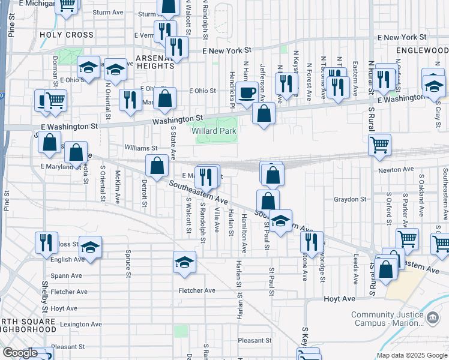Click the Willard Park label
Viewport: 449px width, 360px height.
pyautogui.click(x=214, y=131)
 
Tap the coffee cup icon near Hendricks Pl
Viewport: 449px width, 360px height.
pyautogui.click(x=246, y=93)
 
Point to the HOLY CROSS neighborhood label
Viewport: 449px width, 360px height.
pyautogui.click(x=67, y=35)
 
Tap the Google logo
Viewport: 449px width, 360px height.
pyautogui.click(x=20, y=353)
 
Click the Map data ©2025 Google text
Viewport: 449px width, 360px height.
pyautogui.click(x=412, y=355)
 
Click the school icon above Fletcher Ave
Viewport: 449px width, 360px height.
pyautogui.click(x=184, y=262)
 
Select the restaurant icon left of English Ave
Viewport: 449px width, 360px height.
pyautogui.click(x=46, y=242)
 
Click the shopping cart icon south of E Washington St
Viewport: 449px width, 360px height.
pyautogui.click(x=379, y=145)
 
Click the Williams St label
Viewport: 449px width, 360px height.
pyautogui.click(x=140, y=148)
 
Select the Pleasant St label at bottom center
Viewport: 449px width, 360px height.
pyautogui.click(x=255, y=340)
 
